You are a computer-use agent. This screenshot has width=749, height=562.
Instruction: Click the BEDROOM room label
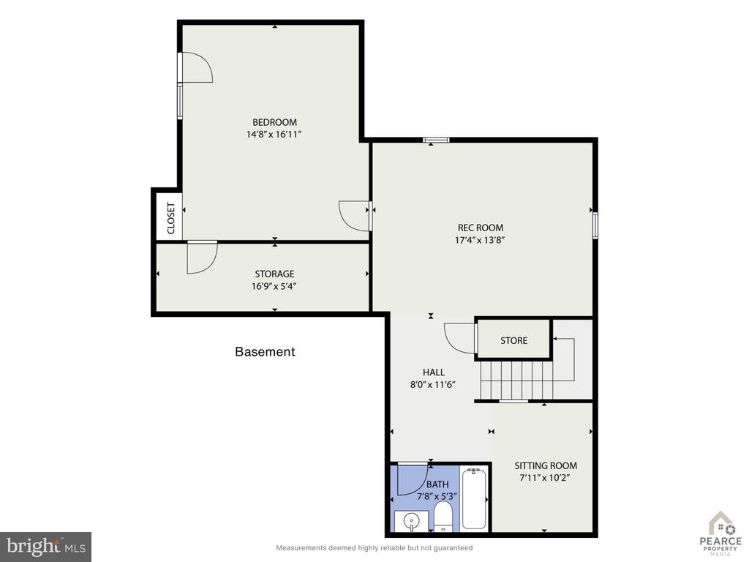pyautogui.click(x=275, y=122)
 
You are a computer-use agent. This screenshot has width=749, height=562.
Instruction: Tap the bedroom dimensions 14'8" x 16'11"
pyautogui.click(x=274, y=135)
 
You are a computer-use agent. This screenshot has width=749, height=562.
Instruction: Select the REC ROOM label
pyautogui.click(x=481, y=228)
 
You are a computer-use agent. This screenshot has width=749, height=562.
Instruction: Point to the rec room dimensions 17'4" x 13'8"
pyautogui.click(x=480, y=240)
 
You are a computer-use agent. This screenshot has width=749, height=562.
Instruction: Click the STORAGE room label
pyautogui.click(x=274, y=274)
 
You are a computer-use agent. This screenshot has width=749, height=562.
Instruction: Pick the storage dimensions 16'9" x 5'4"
pyautogui.click(x=274, y=286)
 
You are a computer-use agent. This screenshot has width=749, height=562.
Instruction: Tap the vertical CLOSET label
pyautogui.click(x=171, y=218)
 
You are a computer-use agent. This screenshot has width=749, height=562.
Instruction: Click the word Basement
pyautogui.click(x=265, y=352)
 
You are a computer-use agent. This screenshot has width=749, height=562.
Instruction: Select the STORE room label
pyautogui.click(x=514, y=341)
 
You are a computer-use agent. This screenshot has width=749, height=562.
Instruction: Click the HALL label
pyautogui.click(x=434, y=372)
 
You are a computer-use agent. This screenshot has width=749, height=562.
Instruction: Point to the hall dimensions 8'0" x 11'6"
pyautogui.click(x=433, y=384)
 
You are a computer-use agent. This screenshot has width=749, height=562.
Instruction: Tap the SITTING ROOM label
pyautogui.click(x=546, y=465)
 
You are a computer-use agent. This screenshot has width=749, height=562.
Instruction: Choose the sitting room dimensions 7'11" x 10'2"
pyautogui.click(x=545, y=478)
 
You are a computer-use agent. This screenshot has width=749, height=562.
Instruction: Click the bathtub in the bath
pyautogui.click(x=474, y=499)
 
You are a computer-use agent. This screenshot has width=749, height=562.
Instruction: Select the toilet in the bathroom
pyautogui.click(x=443, y=516)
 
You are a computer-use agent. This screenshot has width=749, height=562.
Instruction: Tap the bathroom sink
pyautogui.click(x=411, y=520)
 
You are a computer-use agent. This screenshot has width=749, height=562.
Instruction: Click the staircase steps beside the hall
pyautogui.click(x=517, y=380)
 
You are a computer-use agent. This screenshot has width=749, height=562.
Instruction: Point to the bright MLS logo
pyautogui.click(x=46, y=546)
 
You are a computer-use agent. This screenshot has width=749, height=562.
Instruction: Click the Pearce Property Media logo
pyautogui.click(x=720, y=533)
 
